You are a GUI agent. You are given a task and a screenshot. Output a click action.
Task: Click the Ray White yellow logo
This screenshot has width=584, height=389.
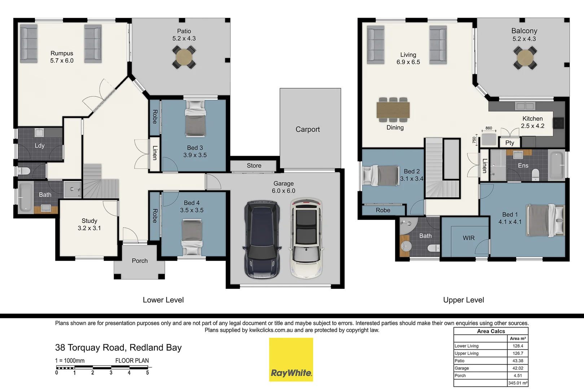291,359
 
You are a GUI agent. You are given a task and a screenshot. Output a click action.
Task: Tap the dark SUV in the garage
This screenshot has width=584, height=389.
262,240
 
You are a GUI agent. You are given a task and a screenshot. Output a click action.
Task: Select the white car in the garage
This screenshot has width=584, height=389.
306,238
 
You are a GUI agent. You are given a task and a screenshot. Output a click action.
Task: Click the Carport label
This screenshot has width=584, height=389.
308,129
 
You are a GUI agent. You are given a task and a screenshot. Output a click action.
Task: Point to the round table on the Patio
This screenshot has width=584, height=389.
184,57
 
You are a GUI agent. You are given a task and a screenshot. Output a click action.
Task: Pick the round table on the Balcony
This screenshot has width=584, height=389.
525,58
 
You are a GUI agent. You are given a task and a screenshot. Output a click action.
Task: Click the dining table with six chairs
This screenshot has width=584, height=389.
393,110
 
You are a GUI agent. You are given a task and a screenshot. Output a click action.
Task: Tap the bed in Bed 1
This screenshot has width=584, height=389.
545,220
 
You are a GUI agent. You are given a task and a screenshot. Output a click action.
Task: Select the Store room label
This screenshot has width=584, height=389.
254,166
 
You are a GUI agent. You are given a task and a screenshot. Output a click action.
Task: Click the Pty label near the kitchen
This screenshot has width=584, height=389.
509,143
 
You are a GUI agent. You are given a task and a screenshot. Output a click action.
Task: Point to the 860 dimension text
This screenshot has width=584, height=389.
489,128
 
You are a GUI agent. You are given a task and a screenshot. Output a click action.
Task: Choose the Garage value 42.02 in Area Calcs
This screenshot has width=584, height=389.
518,368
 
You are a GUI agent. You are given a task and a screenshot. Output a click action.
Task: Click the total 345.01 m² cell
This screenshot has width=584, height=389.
518,383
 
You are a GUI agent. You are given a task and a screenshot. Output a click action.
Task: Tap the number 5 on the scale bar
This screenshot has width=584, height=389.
148,373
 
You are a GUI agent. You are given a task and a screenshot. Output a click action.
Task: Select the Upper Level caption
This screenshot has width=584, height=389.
464,300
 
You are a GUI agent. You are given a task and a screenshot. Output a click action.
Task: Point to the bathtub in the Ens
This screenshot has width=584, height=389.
557,165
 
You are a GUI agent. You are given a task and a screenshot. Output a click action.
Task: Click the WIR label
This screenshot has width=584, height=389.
469,238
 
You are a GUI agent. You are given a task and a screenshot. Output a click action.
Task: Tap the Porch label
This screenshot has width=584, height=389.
140,261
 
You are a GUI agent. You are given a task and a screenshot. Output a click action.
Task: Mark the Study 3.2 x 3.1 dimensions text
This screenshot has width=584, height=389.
89,228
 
